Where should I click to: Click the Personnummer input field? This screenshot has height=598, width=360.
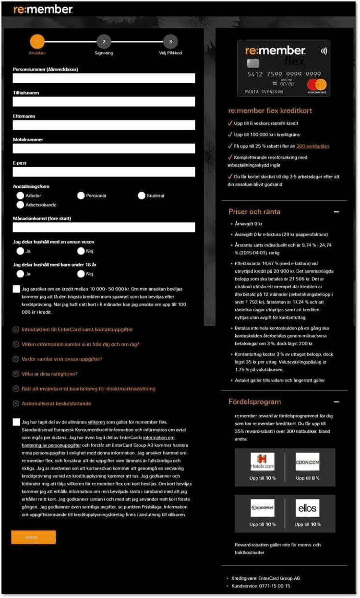point(104,78)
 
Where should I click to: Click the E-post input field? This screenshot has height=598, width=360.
point(104,172)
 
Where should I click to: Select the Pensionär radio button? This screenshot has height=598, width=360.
point(81,195)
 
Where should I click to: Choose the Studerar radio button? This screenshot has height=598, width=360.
point(142,195)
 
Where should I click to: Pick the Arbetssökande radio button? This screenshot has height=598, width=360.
point(20,205)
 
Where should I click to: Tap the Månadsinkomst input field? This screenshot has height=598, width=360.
point(104,227)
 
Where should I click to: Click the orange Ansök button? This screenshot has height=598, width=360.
point(34,537)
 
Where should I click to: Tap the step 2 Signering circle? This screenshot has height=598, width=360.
point(104,41)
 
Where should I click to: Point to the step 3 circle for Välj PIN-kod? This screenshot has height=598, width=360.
point(170,41)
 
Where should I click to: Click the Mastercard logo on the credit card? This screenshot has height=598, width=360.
point(317,85)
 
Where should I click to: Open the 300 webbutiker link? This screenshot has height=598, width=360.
point(313,146)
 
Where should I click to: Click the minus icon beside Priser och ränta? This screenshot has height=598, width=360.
point(336,212)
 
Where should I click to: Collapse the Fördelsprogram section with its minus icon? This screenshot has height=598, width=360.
point(336,402)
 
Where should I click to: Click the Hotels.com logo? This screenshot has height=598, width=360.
point(263,462)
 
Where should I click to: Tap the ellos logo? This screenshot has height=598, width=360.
point(307,508)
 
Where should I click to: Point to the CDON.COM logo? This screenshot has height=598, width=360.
point(307,462)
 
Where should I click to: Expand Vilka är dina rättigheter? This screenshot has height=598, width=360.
point(16,374)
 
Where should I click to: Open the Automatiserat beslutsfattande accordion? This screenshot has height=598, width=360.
point(16,403)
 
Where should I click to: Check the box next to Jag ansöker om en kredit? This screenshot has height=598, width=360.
point(17,289)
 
